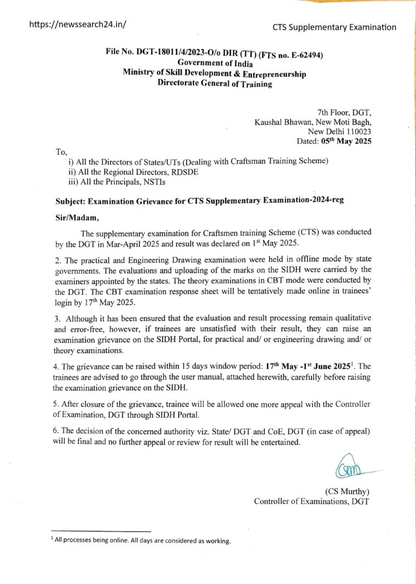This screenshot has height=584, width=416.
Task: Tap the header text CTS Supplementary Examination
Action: click(x=334, y=27)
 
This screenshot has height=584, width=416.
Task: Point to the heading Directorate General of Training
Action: click(x=214, y=83)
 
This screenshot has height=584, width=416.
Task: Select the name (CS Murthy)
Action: click(x=347, y=491)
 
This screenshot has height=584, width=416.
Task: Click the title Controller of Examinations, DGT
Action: click(x=311, y=501)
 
